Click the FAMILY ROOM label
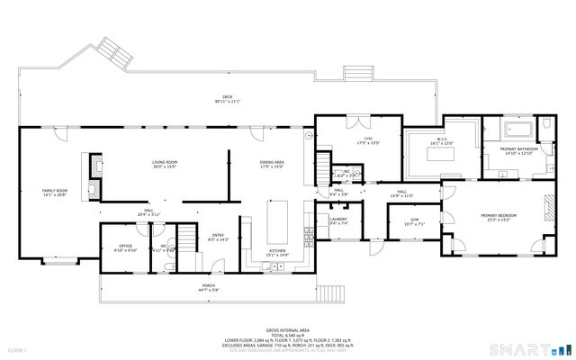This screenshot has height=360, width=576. [55, 191]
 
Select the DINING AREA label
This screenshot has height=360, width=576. [271, 162]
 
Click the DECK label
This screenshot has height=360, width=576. [227, 97]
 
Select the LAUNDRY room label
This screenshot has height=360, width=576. [338, 219]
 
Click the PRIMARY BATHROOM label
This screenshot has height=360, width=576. [521, 148]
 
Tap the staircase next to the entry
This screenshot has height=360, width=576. [186, 238]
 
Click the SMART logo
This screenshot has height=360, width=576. [522, 348]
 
